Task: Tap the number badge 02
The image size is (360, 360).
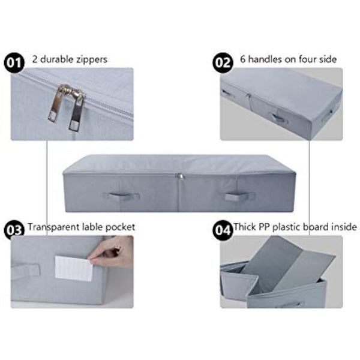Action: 223,61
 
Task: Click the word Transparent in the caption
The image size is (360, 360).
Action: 52,227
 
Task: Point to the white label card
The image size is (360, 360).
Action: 74,268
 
